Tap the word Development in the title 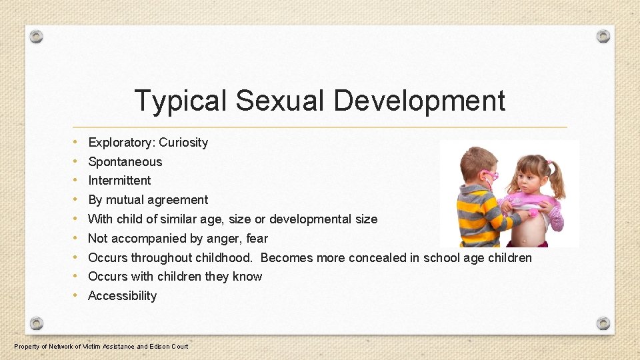point(419,101)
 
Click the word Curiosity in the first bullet point(183,143)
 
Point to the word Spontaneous point(125,162)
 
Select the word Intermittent point(119,181)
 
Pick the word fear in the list point(257,239)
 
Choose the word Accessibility point(122,296)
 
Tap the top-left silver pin point(37,36)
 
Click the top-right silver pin point(603,36)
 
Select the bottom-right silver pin point(603,323)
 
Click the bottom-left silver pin point(37,323)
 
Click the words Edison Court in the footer point(169,346)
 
